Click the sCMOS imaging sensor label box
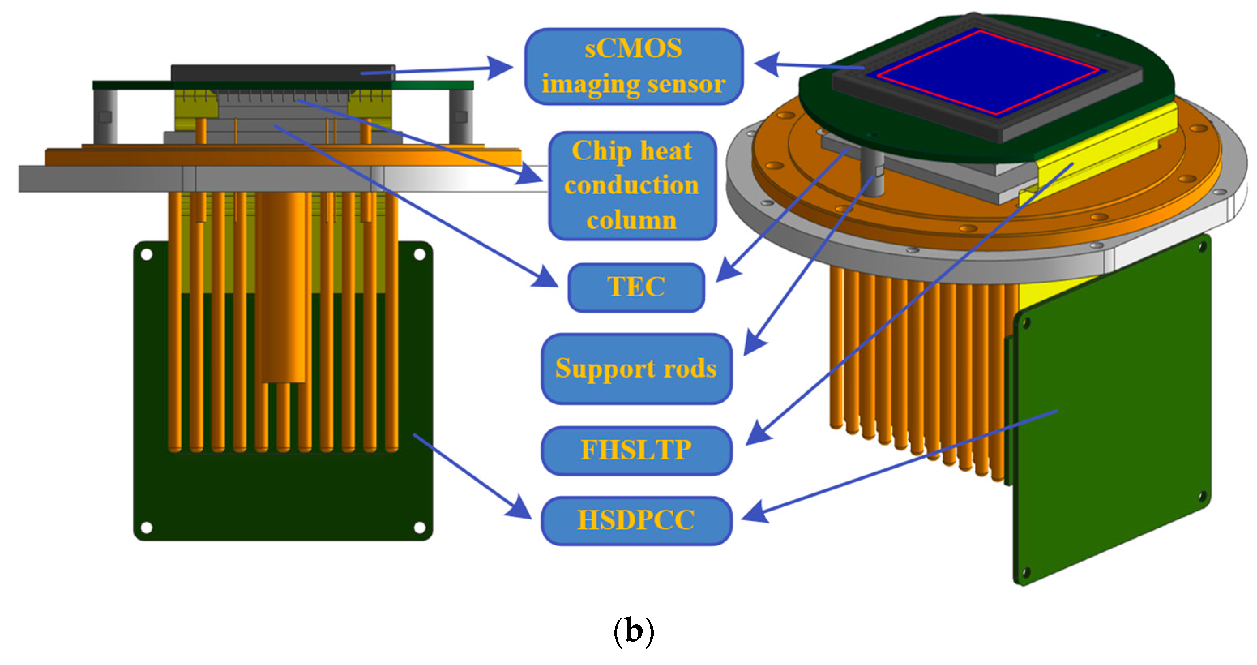point(633,66)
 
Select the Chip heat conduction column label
point(633,186)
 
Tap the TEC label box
point(636,287)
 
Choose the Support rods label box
point(636,369)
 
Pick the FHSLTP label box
point(636,450)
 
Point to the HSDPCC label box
point(636,520)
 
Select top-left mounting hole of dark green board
point(146,254)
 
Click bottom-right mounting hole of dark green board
point(419,527)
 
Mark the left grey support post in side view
point(105,117)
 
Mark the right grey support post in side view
point(461,117)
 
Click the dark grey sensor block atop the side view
point(283,73)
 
